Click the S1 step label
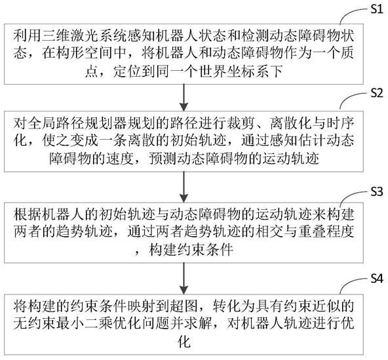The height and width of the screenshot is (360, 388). (377, 9)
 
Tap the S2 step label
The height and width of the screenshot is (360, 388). (377, 93)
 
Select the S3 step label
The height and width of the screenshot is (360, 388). (377, 191)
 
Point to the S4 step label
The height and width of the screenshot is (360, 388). (377, 279)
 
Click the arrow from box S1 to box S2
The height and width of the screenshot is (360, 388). (184, 97)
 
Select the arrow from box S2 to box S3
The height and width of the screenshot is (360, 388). (184, 187)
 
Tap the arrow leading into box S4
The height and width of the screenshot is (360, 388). (184, 278)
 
